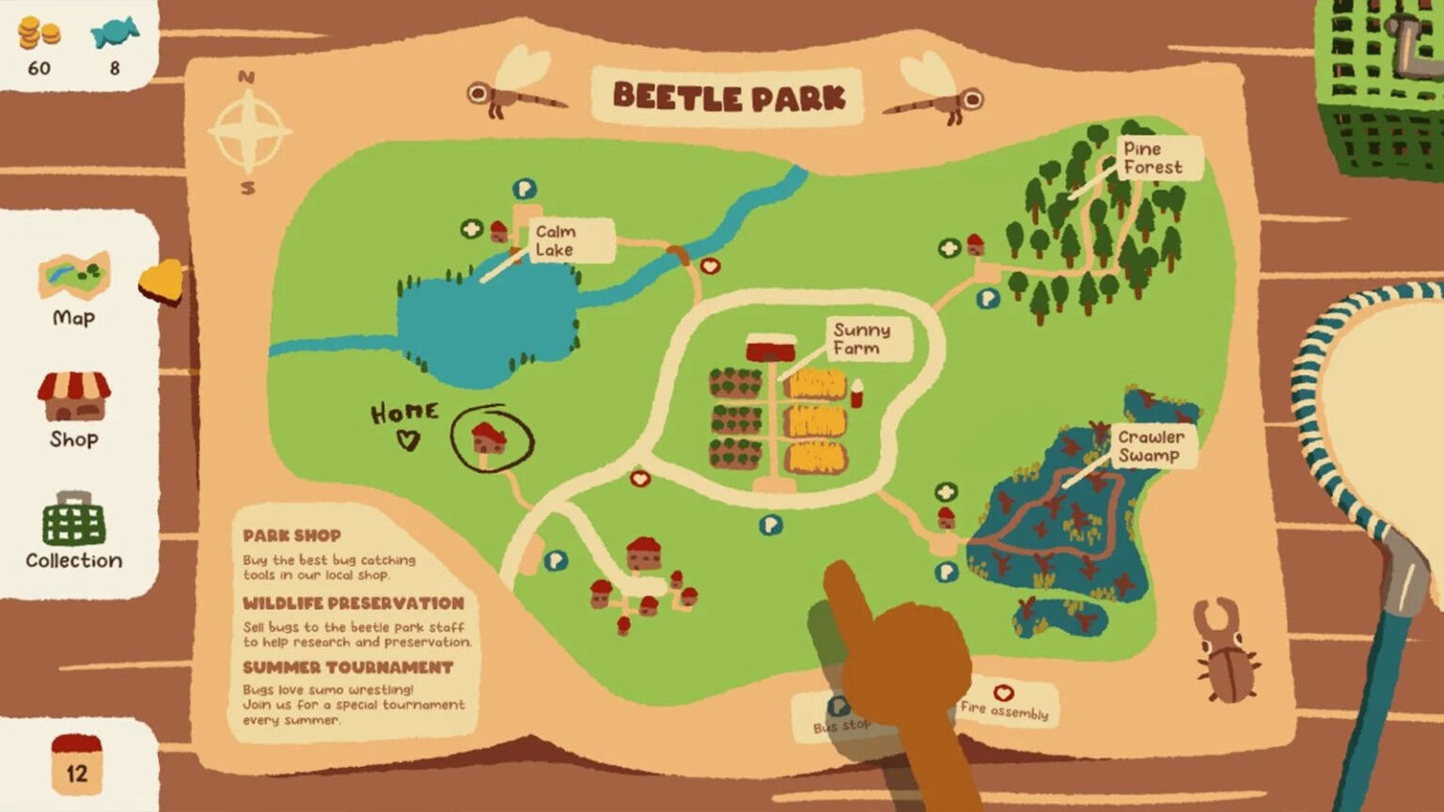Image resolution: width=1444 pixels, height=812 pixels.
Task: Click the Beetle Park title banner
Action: [728, 97]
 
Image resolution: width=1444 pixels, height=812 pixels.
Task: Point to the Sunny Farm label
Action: [863, 339]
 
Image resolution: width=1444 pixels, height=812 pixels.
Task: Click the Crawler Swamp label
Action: [1151, 446]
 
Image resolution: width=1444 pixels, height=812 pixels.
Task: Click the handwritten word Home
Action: [404, 414]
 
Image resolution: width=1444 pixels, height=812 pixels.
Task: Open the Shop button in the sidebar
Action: [73, 410]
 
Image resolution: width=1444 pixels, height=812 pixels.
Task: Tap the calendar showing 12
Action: [76, 765]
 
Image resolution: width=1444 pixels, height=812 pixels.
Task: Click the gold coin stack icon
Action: [39, 34]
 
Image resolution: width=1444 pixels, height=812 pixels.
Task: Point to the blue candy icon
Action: [114, 34]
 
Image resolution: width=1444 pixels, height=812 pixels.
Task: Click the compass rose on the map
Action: [248, 132]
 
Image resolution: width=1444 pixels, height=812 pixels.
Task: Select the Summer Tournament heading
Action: [348, 667]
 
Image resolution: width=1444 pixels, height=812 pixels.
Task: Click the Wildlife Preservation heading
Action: [353, 603]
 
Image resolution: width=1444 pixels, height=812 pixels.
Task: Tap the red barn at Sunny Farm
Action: [771, 348]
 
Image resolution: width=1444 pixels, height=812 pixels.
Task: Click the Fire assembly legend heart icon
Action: [1003, 694]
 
